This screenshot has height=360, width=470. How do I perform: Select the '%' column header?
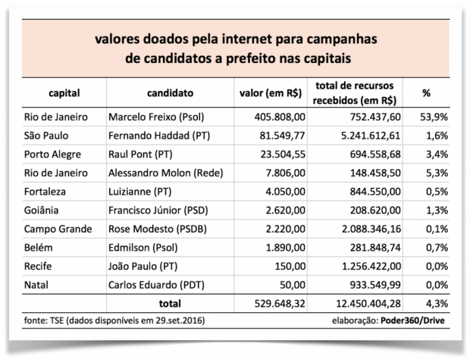pos(426,93)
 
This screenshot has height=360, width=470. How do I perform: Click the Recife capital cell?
pos(41,265)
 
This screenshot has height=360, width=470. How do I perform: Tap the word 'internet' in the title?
pos(259,38)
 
